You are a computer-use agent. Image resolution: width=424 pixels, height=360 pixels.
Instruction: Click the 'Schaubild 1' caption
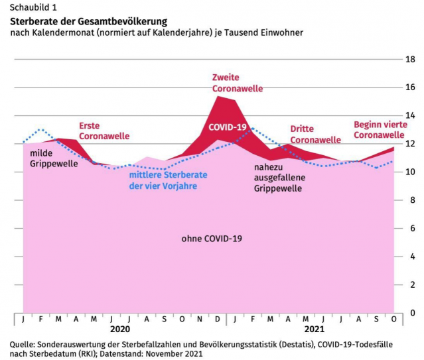point(33,7)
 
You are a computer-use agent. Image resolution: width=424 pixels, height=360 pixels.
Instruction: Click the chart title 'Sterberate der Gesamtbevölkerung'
point(88,21)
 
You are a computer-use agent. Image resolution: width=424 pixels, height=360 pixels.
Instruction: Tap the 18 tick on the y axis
point(410,59)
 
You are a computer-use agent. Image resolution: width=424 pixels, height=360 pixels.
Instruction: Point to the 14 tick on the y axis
point(410,115)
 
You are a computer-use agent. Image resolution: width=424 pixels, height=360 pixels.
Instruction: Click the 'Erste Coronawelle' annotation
point(104,131)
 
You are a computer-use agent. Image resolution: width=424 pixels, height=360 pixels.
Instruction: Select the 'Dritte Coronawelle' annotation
point(315,135)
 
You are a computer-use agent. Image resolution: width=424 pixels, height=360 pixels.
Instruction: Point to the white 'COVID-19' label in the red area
point(228,127)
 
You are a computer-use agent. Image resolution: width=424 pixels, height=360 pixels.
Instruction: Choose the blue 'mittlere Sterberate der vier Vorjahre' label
point(163,180)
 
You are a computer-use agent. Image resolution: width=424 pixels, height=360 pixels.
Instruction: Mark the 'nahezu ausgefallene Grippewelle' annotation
point(278,178)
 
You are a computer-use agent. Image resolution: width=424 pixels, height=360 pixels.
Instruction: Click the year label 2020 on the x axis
point(120,328)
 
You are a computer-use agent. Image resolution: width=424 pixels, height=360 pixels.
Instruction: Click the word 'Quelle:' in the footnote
point(23,345)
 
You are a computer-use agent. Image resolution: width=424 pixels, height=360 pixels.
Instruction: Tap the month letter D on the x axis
point(218,318)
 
